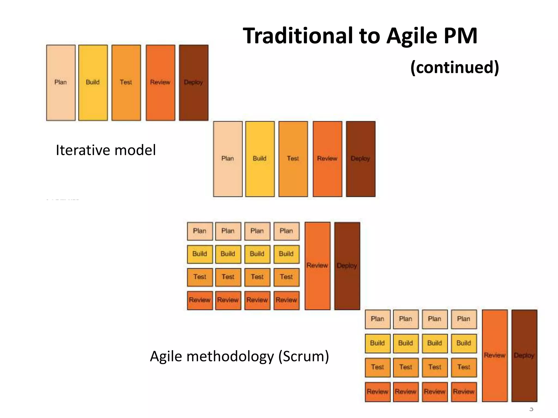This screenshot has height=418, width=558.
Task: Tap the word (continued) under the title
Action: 454,67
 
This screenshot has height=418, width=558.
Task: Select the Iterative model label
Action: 106,150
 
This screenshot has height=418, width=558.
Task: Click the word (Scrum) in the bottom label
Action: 304,356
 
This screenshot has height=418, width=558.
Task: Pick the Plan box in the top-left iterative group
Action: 61,82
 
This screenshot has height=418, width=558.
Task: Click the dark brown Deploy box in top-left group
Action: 193,82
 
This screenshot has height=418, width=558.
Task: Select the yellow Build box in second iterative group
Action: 260,159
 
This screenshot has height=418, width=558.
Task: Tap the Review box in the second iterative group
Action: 327,159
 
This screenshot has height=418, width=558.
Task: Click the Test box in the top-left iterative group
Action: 126,82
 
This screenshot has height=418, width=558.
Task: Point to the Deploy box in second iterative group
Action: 360,159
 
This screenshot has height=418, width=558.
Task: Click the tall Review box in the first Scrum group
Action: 317,266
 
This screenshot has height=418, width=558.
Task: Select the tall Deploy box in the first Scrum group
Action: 347,266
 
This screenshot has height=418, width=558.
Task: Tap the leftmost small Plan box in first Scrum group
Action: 200,231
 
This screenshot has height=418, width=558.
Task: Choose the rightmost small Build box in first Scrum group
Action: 286,254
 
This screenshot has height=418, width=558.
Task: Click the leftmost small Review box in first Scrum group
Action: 200,300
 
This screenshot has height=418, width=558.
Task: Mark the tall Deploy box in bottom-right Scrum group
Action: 524,355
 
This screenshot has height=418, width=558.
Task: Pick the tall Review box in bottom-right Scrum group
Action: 495,355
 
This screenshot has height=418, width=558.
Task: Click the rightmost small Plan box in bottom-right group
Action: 463,319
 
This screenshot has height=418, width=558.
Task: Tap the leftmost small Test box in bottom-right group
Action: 377,367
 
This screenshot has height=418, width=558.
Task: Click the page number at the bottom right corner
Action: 531,409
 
